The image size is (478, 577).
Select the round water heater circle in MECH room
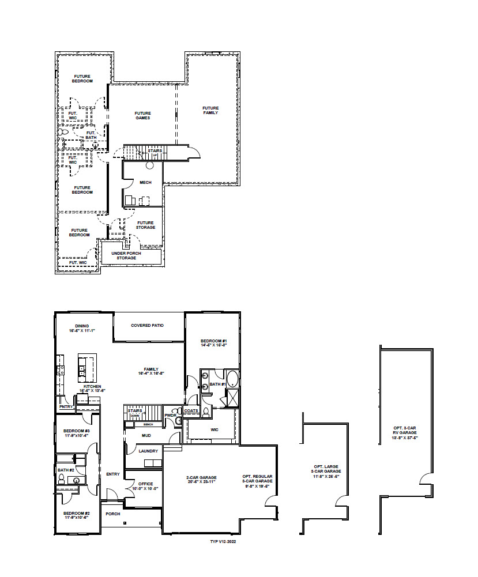pyautogui.click(x=149, y=165)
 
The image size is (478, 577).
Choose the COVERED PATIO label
pyautogui.click(x=147, y=325)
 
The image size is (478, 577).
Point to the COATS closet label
pyautogui.click(x=191, y=410)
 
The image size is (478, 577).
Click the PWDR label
pyautogui.click(x=170, y=415)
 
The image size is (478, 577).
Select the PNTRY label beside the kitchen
pyautogui.click(x=65, y=406)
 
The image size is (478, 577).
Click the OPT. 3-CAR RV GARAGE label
pyautogui.click(x=406, y=430)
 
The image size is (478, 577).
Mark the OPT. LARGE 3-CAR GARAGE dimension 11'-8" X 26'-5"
pyautogui.click(x=326, y=476)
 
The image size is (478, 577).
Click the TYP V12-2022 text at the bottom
pyautogui.click(x=224, y=542)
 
